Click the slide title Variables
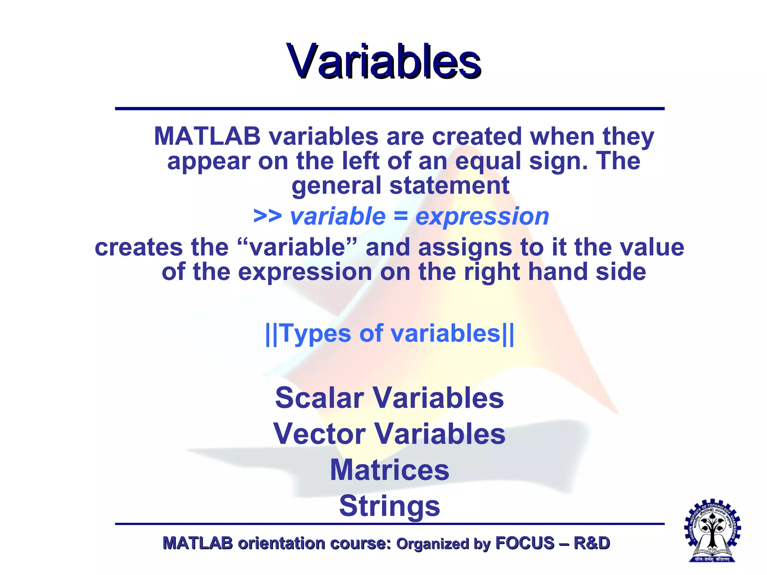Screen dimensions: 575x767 (383, 62)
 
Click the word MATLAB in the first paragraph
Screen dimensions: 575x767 (207, 136)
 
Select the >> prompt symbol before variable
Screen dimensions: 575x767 (267, 216)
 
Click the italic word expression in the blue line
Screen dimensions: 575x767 (482, 216)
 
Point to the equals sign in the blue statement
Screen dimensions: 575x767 (400, 216)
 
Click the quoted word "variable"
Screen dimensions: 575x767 (297, 247)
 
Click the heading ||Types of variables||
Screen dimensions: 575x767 (389, 333)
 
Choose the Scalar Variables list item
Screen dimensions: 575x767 (389, 398)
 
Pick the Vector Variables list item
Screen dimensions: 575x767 (389, 433)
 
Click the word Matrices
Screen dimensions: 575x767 (389, 470)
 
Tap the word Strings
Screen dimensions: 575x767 (389, 506)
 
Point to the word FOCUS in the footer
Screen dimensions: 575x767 (525, 543)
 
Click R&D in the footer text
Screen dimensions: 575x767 (591, 543)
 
